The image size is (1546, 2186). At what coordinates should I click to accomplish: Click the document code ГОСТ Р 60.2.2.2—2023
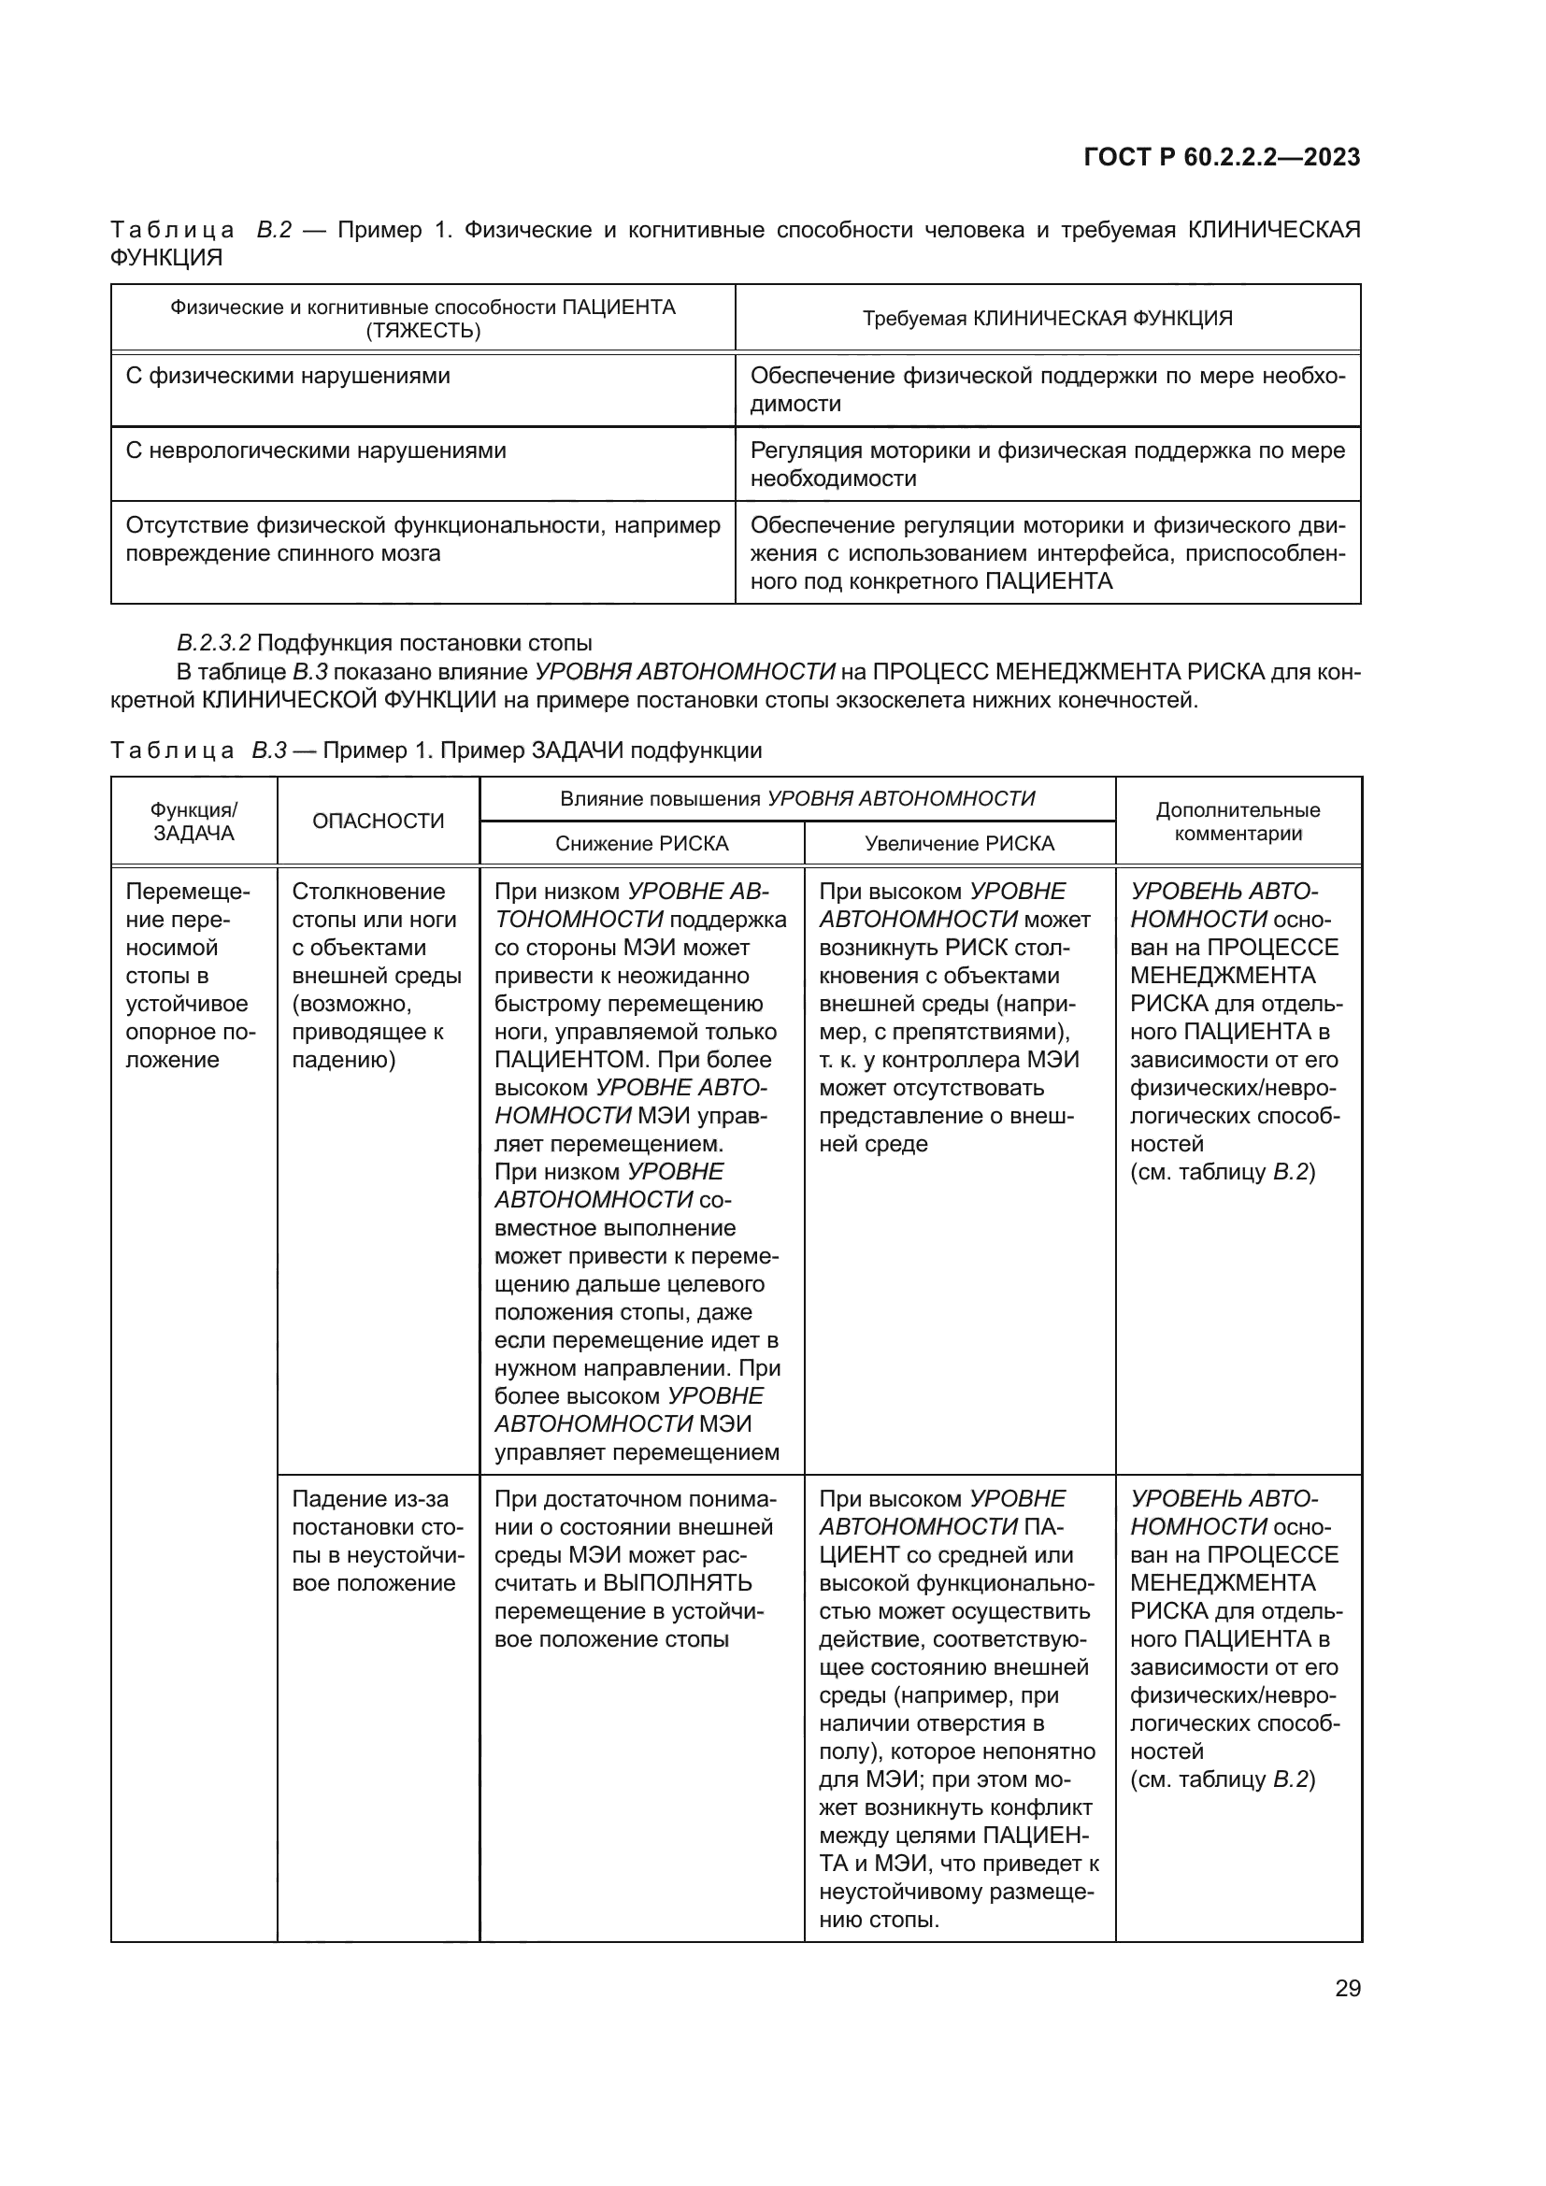pos(1222,157)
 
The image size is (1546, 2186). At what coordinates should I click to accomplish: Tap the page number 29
pos(1347,1988)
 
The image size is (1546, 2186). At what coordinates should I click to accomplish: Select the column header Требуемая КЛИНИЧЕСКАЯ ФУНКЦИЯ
pos(1047,318)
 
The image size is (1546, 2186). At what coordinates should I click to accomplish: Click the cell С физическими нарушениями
pos(288,376)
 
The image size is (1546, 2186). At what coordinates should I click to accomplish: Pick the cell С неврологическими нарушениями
pos(315,450)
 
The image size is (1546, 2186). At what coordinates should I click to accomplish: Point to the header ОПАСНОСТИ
pos(378,821)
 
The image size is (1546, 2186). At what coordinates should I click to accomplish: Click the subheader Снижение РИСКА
pos(641,844)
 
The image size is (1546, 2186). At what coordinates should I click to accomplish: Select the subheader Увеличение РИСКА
pos(959,844)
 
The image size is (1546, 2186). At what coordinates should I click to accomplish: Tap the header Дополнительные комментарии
pos(1238,822)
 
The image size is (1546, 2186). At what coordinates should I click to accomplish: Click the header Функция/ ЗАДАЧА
pos(193,822)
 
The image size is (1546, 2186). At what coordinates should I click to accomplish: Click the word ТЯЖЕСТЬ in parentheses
pos(422,332)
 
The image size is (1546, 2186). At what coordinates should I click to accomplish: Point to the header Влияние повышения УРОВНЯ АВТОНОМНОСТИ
pos(796,799)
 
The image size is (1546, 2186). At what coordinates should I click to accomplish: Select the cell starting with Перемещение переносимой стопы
pos(188,975)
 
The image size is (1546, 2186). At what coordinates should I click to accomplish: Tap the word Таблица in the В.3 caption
pos(172,750)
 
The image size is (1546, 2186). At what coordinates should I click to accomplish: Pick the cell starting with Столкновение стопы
pos(377,975)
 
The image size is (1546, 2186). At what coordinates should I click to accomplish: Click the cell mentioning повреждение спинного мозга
pos(422,540)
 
